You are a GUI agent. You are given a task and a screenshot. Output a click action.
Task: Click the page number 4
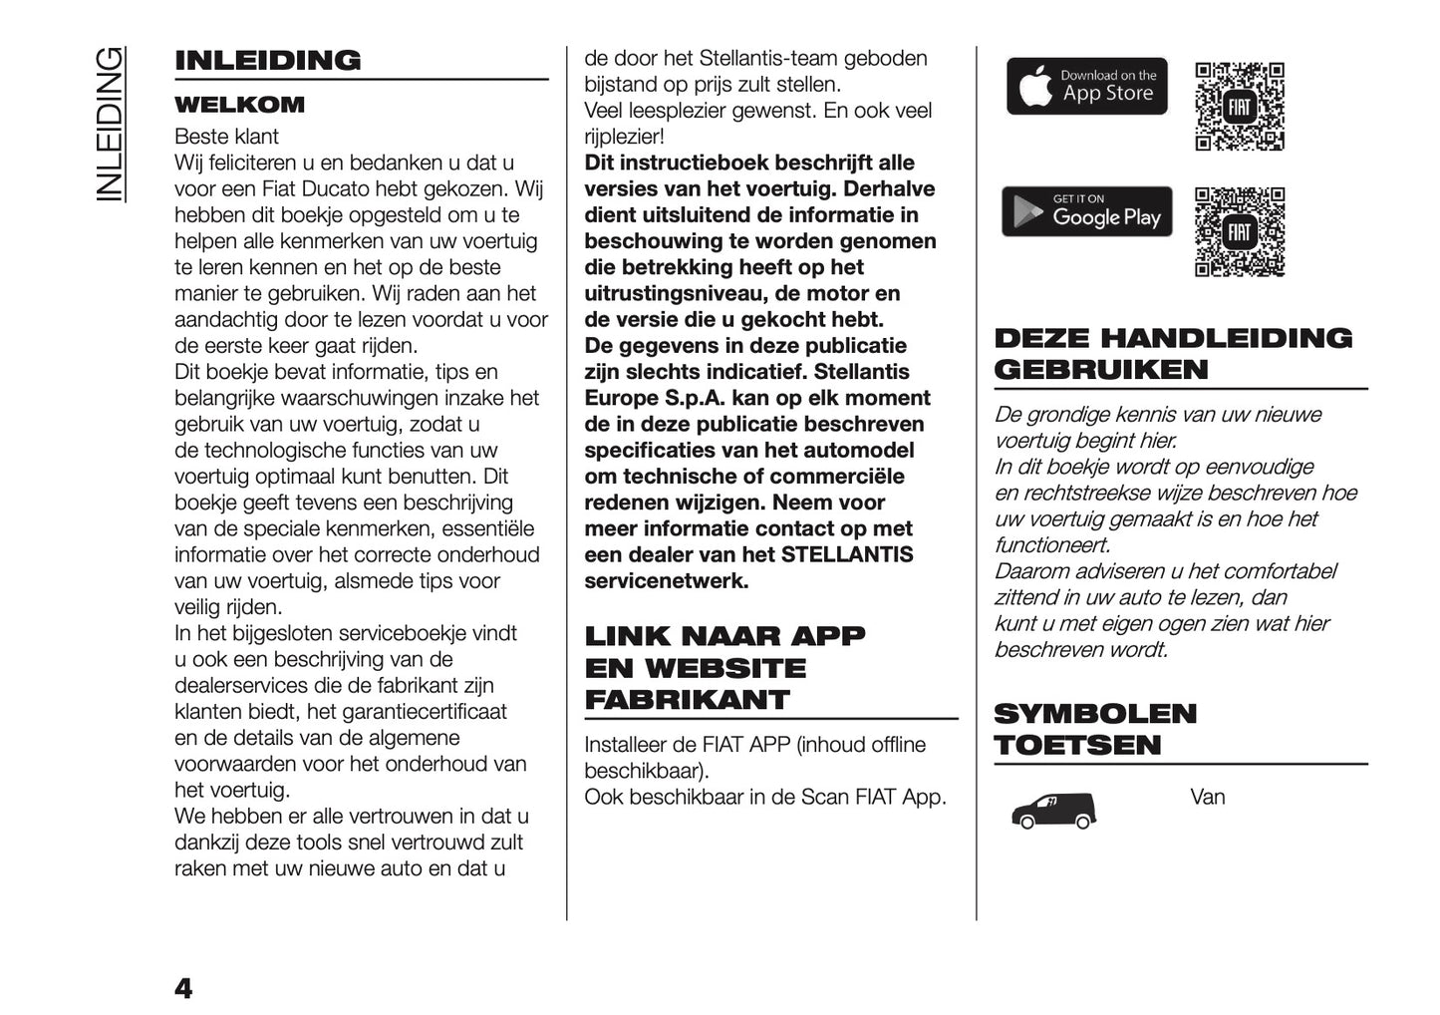tap(183, 988)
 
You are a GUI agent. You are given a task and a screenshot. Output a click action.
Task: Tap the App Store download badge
tap(1086, 86)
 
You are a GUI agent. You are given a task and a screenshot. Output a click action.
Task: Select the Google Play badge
tap(1086, 211)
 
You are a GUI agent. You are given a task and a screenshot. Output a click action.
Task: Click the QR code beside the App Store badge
tap(1239, 107)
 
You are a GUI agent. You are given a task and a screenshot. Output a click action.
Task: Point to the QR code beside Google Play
tap(1239, 232)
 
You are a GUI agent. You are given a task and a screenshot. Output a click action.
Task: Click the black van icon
tap(1053, 810)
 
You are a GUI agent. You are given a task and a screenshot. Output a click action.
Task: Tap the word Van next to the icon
tap(1207, 797)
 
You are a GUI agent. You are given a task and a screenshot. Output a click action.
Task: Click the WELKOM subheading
tap(239, 105)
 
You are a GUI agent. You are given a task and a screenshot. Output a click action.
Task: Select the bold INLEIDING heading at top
tap(267, 60)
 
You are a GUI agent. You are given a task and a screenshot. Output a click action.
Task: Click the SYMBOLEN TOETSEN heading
tap(1094, 729)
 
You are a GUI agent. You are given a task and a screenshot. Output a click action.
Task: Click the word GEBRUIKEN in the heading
tap(1101, 369)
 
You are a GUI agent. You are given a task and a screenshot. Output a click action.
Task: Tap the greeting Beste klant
tap(226, 137)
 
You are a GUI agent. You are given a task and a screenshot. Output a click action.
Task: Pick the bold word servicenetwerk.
tap(666, 580)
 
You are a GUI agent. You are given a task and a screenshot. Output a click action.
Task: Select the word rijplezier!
tap(624, 137)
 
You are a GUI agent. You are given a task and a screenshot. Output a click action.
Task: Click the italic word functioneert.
tap(1052, 544)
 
